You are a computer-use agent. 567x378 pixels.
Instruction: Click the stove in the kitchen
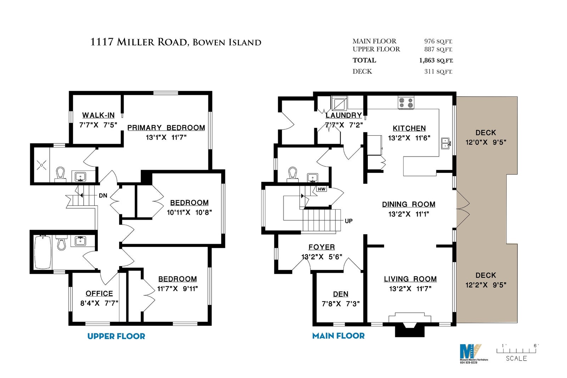406,103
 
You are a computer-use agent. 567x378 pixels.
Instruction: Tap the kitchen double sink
445,143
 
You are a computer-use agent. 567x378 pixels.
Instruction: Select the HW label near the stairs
321,189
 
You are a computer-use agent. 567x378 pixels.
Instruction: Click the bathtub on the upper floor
43,252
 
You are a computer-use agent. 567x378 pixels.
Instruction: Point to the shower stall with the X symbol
41,165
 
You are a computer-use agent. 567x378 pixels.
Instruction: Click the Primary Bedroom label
166,128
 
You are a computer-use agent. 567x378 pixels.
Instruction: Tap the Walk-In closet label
98,115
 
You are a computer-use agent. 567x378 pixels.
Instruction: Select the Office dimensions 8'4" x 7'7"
99,303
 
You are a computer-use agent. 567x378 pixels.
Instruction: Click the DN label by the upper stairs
103,196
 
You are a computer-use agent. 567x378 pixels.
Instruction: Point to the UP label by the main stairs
349,221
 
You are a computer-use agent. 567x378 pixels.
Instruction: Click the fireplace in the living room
410,325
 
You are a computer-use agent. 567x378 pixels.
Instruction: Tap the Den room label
341,294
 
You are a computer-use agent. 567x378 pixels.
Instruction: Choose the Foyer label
321,247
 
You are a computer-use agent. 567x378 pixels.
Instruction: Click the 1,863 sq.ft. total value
436,61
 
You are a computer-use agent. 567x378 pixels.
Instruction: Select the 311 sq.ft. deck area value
438,72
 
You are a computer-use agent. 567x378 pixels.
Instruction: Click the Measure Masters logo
471,354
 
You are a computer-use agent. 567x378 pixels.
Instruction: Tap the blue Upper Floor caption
116,336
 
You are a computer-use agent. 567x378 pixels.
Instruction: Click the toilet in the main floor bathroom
292,174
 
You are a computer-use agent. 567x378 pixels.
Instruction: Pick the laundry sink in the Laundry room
339,103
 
